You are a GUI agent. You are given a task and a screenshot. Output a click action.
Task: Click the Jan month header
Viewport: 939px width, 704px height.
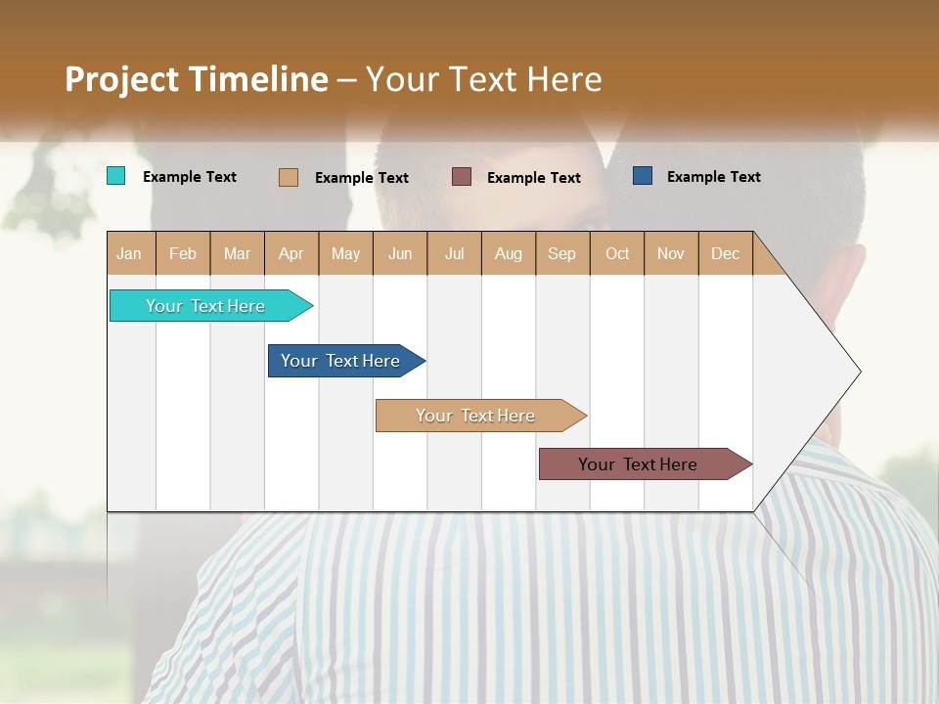tap(129, 253)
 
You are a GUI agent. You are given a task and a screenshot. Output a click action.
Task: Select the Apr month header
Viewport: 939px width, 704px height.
tap(291, 253)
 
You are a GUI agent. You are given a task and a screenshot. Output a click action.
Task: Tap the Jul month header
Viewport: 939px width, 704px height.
tap(454, 253)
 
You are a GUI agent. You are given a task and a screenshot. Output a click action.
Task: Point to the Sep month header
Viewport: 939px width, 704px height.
tap(561, 253)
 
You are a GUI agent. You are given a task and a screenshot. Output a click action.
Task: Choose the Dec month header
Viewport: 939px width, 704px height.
tap(725, 253)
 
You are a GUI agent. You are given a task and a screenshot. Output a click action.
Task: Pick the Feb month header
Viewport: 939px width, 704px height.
tap(183, 253)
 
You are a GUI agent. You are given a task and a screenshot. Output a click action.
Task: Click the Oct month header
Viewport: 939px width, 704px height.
tap(617, 253)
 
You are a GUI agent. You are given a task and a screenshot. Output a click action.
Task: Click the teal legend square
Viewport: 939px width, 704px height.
tap(115, 176)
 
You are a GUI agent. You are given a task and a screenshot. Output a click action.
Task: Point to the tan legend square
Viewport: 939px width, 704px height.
tap(288, 177)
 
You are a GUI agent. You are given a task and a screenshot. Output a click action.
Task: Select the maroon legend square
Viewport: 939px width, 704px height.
tap(462, 176)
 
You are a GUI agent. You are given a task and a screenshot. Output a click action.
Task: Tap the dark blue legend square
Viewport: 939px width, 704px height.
tap(643, 176)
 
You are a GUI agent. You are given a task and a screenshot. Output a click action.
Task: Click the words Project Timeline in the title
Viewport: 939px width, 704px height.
tap(197, 78)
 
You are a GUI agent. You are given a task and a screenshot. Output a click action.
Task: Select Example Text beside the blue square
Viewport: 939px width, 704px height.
tap(713, 177)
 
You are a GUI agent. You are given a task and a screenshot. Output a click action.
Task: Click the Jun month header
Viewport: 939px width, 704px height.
tap(400, 253)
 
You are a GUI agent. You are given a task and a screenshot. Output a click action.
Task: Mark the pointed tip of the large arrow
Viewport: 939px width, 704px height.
tap(859, 372)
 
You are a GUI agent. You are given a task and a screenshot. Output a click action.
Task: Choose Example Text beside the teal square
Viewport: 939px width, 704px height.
tap(190, 177)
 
